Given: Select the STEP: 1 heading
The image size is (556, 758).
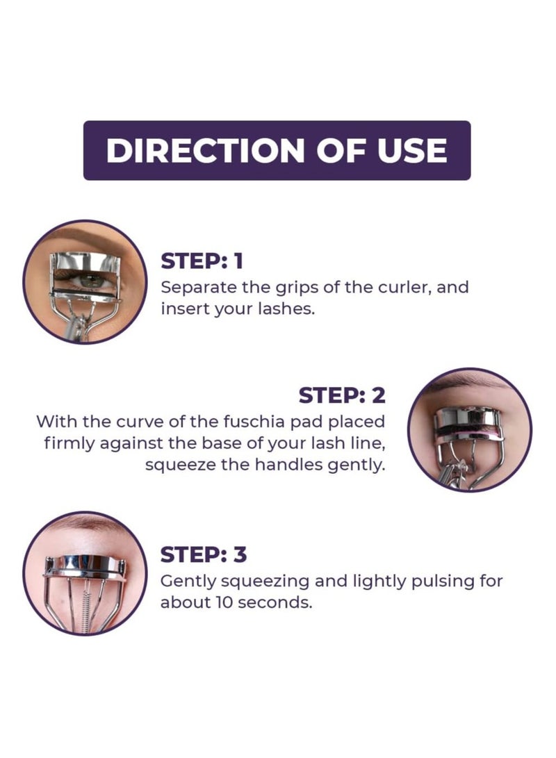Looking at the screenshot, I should [202, 261].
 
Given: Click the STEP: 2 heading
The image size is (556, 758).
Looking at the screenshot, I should [341, 395].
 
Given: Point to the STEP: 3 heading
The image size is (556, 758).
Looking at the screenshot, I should [203, 555].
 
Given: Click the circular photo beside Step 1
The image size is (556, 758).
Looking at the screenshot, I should [85, 281].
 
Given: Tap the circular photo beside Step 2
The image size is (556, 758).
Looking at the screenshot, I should [470, 430].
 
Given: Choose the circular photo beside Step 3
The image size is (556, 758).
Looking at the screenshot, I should [85, 573].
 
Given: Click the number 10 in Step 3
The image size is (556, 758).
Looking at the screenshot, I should [222, 602].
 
